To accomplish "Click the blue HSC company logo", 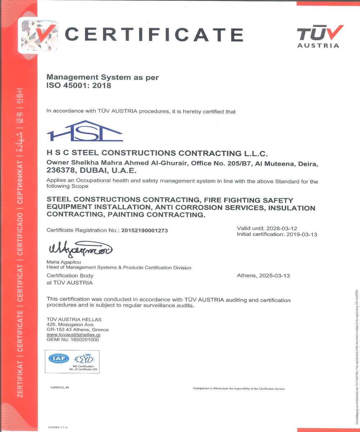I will (85, 131).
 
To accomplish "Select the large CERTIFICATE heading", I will (154, 35).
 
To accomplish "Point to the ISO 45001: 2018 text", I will (79, 86).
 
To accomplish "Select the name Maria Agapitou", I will (62, 262).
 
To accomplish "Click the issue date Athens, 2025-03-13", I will (263, 276).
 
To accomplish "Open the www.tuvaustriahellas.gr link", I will (73, 334).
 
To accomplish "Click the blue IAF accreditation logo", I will (59, 359).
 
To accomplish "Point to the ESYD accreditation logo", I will (84, 359).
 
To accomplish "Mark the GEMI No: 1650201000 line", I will (73, 339).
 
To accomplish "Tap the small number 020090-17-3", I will (58, 427).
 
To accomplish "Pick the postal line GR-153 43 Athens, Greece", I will (77, 329).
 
